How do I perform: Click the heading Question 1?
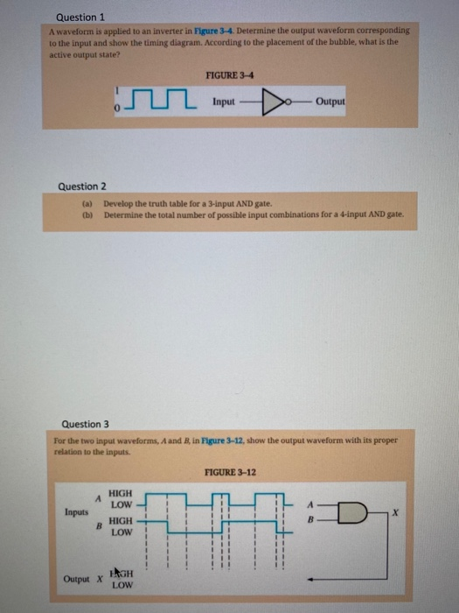[x=79, y=16]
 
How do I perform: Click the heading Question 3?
[x=81, y=422]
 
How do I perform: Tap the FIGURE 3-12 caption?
[x=230, y=472]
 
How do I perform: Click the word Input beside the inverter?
[x=224, y=102]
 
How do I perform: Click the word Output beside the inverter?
[x=330, y=102]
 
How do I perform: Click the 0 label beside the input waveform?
[x=115, y=110]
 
